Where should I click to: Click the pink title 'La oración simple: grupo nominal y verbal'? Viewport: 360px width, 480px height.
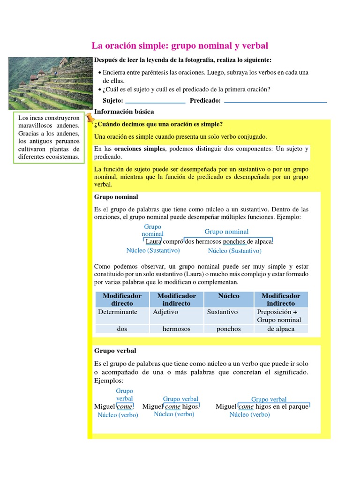[x=180, y=45]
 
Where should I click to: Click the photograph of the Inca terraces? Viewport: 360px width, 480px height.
[x=51, y=83]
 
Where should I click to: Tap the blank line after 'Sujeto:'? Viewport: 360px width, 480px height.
[x=156, y=101]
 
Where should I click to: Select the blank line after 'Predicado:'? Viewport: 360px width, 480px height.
[x=276, y=101]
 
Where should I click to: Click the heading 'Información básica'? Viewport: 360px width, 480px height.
[x=124, y=112]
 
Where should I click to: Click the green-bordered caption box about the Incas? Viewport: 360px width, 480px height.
[x=49, y=137]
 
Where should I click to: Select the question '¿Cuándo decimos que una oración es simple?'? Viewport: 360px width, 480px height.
[x=158, y=124]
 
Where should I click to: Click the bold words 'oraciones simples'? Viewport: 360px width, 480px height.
[x=140, y=149]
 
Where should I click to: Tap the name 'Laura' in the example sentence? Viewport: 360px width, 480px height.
[x=153, y=241]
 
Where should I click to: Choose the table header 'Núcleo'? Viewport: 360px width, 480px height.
[x=229, y=296]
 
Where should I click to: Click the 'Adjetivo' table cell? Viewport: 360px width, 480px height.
[x=165, y=312]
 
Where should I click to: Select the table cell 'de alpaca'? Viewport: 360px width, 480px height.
[x=281, y=329]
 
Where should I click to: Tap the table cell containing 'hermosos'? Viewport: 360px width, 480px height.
[x=176, y=329]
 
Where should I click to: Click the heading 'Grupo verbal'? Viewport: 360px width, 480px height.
[x=115, y=351]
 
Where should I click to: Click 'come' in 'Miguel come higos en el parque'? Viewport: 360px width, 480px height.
[x=246, y=406]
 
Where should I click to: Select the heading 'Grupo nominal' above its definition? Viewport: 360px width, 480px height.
[x=116, y=197]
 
